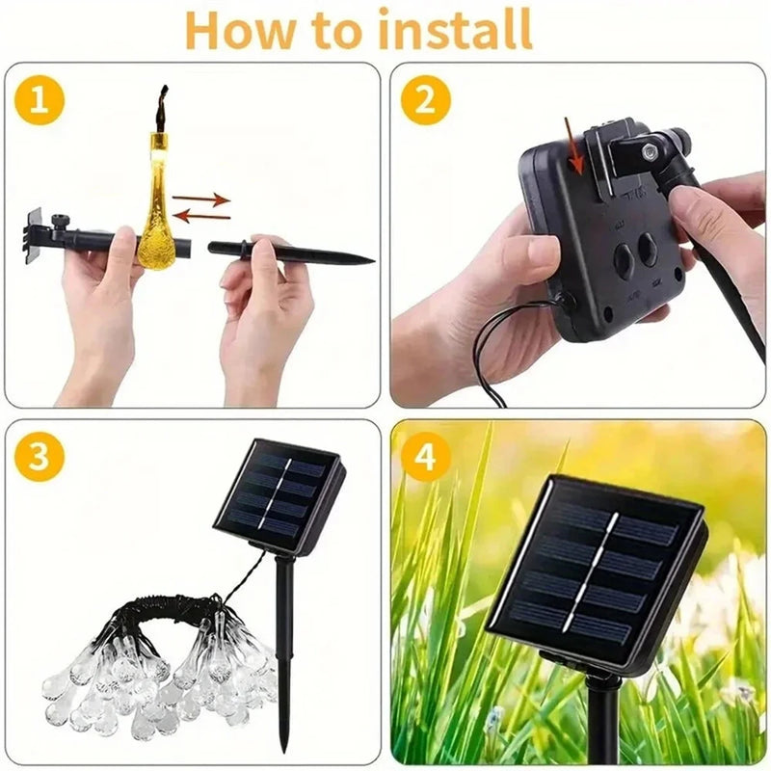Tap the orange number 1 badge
point(39,100)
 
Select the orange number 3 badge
point(39,458)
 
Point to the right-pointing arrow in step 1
point(201,199)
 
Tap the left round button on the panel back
point(623,260)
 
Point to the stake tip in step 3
point(284,747)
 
